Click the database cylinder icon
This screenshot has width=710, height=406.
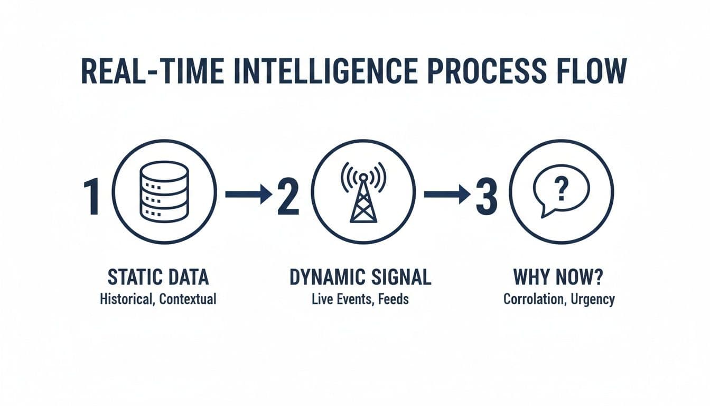tap(164, 191)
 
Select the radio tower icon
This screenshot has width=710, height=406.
tap(363, 191)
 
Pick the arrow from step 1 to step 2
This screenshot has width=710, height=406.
tap(248, 195)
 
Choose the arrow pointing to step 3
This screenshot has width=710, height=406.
tap(447, 195)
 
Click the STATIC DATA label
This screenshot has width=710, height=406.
tap(158, 278)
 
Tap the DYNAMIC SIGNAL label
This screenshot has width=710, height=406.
tap(360, 278)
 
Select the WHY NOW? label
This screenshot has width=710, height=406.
tap(559, 278)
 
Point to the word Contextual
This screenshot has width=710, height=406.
tap(187, 299)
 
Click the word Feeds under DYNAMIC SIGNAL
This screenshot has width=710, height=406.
tap(393, 299)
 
